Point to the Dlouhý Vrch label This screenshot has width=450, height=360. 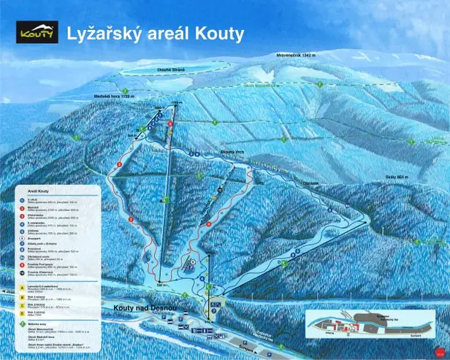[x=219, y=154]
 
